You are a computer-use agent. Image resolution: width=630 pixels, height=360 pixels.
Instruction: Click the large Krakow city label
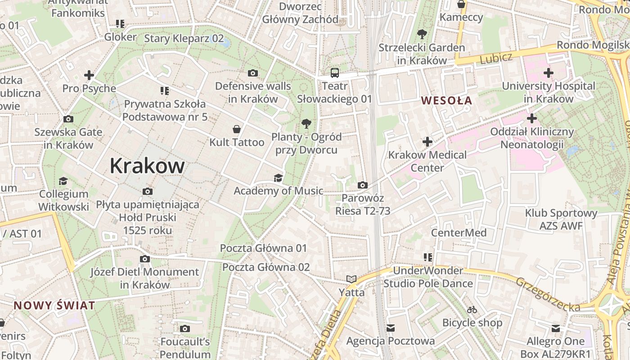147,166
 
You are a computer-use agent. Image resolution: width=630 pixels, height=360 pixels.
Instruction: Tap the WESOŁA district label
447,100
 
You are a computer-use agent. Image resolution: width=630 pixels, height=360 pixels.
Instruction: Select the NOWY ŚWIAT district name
54,306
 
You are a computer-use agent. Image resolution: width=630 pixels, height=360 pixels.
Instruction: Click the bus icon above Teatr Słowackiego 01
335,72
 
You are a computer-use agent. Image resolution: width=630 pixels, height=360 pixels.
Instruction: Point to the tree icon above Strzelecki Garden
422,34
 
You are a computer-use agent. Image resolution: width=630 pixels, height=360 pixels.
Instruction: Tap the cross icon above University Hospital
548,72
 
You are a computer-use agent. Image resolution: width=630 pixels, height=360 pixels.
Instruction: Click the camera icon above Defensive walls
253,73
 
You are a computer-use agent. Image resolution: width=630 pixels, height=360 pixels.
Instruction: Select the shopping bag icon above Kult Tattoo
237,129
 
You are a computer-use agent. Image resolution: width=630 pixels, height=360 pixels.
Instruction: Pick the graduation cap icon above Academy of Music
278,178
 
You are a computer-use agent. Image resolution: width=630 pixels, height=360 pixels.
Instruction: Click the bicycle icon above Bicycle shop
472,310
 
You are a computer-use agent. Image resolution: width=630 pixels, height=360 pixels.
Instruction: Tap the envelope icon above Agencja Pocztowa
391,328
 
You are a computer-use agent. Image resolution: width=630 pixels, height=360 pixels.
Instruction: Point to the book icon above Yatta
351,279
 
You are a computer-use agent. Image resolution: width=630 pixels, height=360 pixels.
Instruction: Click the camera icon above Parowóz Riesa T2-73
362,185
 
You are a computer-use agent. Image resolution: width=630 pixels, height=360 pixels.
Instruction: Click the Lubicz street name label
496,58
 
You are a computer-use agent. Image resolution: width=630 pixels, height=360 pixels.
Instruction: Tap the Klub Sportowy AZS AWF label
561,219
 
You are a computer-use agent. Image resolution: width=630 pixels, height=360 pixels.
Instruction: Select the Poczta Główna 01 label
263,248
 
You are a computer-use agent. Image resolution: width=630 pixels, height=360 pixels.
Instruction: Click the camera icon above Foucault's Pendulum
185,328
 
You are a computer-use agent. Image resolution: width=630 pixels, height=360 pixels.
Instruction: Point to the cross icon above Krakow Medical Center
427,142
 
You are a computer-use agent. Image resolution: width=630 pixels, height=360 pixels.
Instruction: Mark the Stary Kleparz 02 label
184,38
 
